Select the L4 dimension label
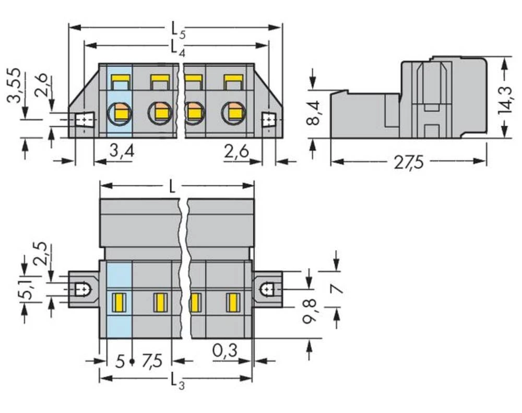point(176,48)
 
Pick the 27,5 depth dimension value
point(409,163)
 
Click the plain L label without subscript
point(173,187)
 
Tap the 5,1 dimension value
point(23,288)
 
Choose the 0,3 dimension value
point(225,350)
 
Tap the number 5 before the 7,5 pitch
point(120,360)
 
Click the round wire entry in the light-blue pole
point(118,111)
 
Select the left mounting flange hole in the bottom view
point(81,289)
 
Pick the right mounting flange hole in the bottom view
point(266,289)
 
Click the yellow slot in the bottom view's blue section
point(119,302)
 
